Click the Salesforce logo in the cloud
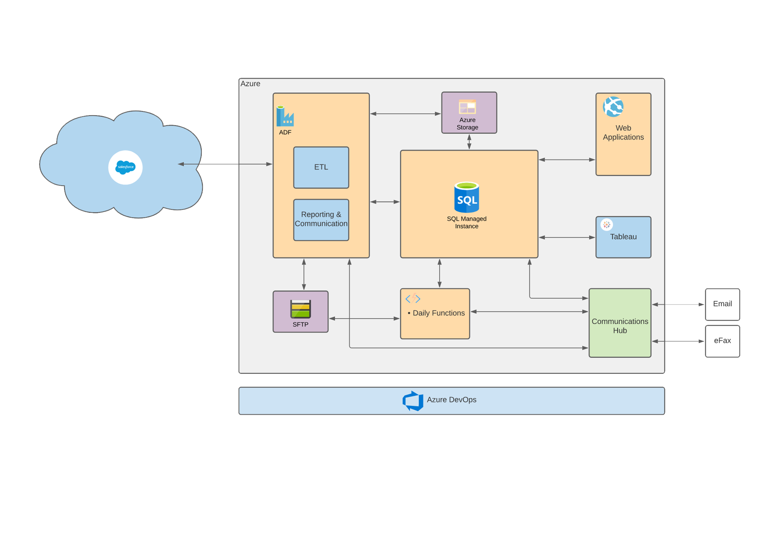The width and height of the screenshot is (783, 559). pyautogui.click(x=125, y=167)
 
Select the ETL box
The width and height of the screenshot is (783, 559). pyautogui.click(x=321, y=167)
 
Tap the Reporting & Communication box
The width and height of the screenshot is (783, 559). pyautogui.click(x=321, y=220)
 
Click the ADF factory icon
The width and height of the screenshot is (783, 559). pyautogui.click(x=285, y=116)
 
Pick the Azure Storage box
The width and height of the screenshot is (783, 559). pyautogui.click(x=469, y=113)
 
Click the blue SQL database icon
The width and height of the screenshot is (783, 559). pyautogui.click(x=466, y=197)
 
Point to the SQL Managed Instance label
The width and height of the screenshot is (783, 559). pyautogui.click(x=466, y=222)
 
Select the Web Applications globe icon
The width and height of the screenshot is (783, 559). pyautogui.click(x=613, y=107)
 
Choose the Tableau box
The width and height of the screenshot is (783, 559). pyautogui.click(x=623, y=237)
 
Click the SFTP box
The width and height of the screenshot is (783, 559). pyautogui.click(x=301, y=312)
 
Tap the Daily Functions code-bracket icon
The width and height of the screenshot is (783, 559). pyautogui.click(x=413, y=299)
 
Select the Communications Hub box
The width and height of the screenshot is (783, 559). pyautogui.click(x=620, y=323)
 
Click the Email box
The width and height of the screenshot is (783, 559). pyautogui.click(x=722, y=304)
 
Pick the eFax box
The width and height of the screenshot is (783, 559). pyautogui.click(x=722, y=341)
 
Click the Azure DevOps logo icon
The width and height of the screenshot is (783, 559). pyautogui.click(x=413, y=401)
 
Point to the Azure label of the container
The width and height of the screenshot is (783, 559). pyautogui.click(x=250, y=83)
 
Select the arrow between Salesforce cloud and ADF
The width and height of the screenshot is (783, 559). pyautogui.click(x=225, y=164)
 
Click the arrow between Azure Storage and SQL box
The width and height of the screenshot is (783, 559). pyautogui.click(x=469, y=142)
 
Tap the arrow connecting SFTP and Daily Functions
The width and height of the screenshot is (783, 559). pyautogui.click(x=364, y=318)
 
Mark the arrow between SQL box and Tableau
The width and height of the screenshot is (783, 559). pyautogui.click(x=567, y=237)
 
